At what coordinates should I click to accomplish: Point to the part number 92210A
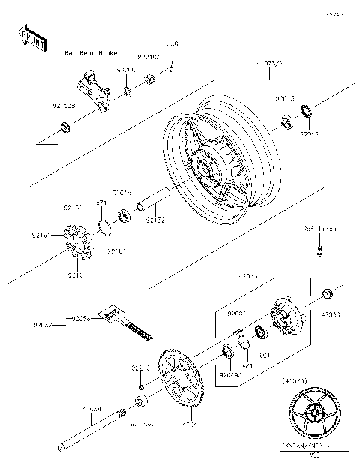pyautogui.click(x=148, y=55)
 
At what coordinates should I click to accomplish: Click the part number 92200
pyautogui.click(x=125, y=69)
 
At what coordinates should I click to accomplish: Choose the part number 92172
pyautogui.click(x=156, y=220)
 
